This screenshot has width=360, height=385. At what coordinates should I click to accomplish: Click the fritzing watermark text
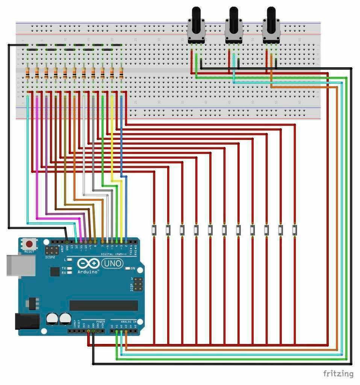[x=338, y=373]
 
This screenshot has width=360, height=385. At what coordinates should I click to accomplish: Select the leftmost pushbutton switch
[x=154, y=229]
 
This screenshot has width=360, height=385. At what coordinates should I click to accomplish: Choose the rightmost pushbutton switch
[x=295, y=229]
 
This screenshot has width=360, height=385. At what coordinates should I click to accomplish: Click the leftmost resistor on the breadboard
[x=28, y=73]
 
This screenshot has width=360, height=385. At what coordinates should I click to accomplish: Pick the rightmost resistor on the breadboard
[x=121, y=73]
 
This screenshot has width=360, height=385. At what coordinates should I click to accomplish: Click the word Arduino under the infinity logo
[x=88, y=271]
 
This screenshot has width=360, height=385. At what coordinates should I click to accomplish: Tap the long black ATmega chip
[x=103, y=305]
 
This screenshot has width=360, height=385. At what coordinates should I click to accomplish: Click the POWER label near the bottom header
[x=100, y=322]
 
